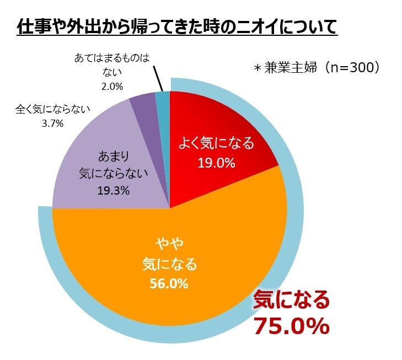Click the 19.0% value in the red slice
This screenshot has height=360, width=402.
click(216, 163)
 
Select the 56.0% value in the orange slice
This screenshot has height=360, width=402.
click(169, 284)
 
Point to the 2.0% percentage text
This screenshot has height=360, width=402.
click(112, 86)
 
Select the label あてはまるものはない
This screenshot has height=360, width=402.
click(112, 65)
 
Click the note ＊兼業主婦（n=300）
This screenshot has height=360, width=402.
click(317, 68)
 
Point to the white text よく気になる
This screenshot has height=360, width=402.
click(216, 144)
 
